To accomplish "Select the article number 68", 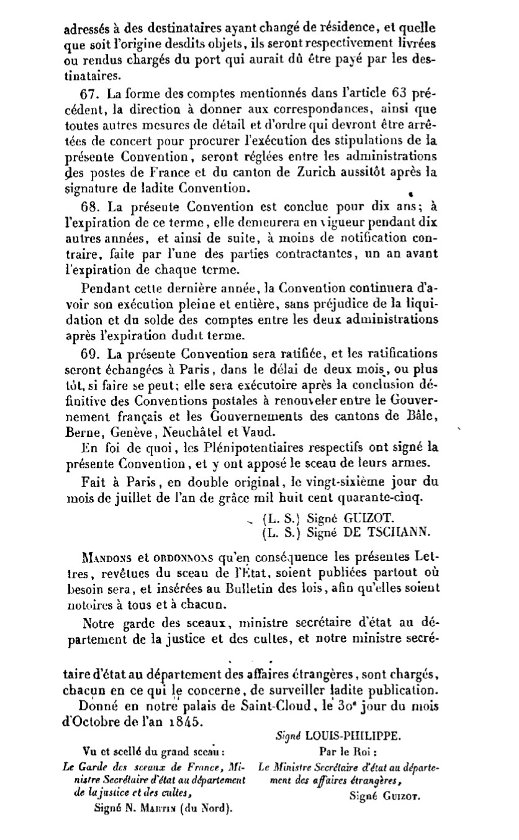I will click(x=90, y=207).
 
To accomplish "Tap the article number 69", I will click(x=90, y=354).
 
